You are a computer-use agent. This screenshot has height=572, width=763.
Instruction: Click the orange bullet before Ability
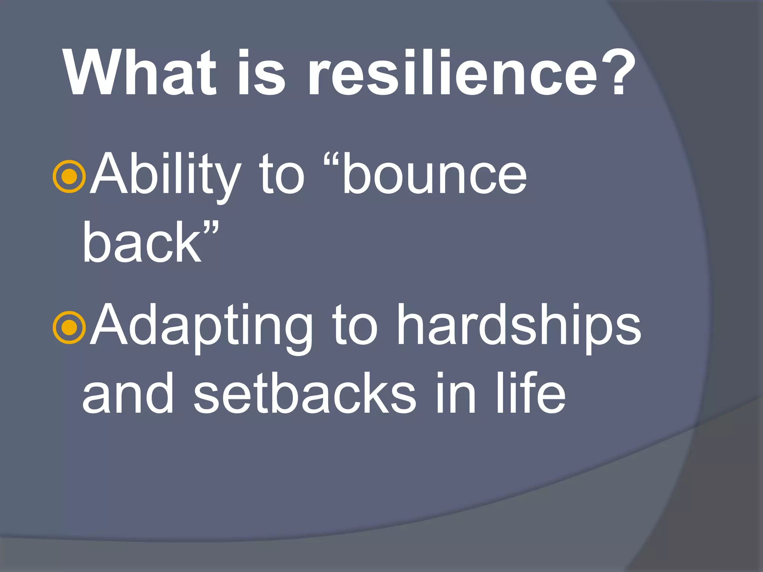tap(70, 177)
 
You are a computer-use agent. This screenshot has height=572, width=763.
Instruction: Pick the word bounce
tap(434, 175)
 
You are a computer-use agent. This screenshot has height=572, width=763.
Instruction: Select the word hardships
tap(518, 326)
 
